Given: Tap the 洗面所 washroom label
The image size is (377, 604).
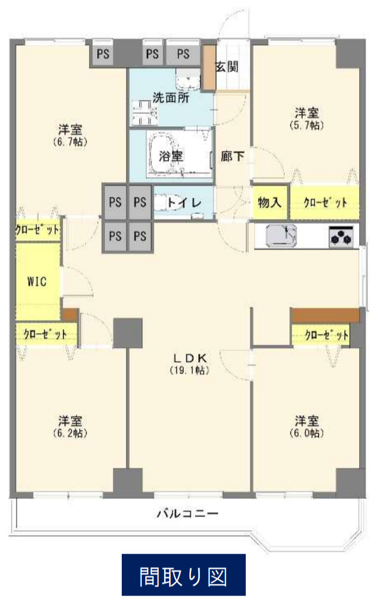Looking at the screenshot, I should click(x=171, y=97).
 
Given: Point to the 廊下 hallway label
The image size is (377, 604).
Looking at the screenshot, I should click(x=232, y=156).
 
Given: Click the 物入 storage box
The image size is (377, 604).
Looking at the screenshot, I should click(x=270, y=202).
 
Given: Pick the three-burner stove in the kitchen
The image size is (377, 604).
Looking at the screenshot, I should click(x=341, y=237).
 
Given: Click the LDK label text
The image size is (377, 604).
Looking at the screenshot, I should click(x=190, y=358).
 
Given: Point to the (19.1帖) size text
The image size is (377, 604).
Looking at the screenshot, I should click(x=190, y=370).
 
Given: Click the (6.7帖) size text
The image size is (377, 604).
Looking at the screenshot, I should click(x=70, y=142).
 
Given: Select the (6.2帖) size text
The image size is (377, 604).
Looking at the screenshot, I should click(x=70, y=433).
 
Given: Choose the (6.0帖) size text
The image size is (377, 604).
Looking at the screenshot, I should click(x=307, y=433).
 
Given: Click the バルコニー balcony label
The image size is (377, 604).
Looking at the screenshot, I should click(x=186, y=513).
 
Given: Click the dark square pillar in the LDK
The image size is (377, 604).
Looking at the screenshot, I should click(x=128, y=332).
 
